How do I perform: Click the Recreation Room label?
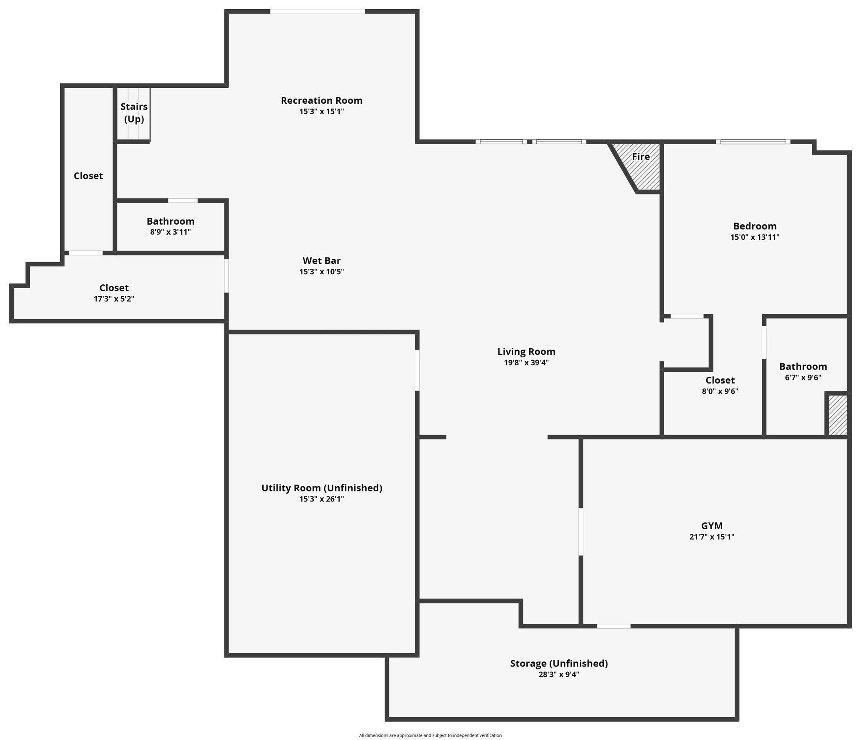click(x=322, y=100)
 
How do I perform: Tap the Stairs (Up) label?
click(x=134, y=113)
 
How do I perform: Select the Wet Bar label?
click(x=322, y=260)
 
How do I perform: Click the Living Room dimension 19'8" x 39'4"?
click(x=526, y=362)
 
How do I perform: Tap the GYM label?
click(x=712, y=526)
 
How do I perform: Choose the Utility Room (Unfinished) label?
click(x=322, y=488)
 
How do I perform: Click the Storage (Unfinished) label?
click(x=559, y=664)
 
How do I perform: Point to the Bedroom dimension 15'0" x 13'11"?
click(x=755, y=237)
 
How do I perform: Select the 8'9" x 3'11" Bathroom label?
click(x=170, y=226)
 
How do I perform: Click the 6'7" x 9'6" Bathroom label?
click(x=803, y=371)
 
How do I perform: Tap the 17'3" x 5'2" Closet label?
click(x=114, y=293)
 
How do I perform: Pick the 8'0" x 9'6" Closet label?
click(x=720, y=385)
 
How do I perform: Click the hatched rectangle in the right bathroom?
click(x=837, y=415)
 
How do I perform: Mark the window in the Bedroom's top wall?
click(x=753, y=142)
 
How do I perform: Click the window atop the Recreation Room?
click(x=317, y=11)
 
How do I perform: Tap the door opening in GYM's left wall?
click(x=581, y=532)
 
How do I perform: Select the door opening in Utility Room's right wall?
click(x=417, y=370)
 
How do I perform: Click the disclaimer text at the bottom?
click(x=430, y=735)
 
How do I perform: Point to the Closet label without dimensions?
click(x=88, y=176)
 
